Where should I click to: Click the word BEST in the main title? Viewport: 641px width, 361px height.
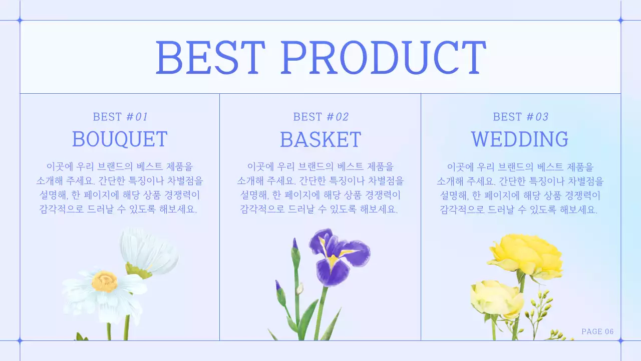click(x=210, y=57)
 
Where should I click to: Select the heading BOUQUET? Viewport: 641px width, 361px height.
click(x=120, y=139)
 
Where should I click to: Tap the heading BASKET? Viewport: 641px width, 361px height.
click(x=320, y=139)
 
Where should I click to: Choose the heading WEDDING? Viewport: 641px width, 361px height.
click(x=520, y=139)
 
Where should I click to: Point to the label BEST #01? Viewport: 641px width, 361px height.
click(x=120, y=117)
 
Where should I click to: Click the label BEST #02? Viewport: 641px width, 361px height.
click(x=320, y=117)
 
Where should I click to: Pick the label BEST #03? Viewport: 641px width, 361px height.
click(x=520, y=117)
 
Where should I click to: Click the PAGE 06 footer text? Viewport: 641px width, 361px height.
click(x=597, y=331)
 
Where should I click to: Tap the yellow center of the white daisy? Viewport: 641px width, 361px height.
click(x=105, y=281)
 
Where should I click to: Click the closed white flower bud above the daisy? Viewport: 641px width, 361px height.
click(x=150, y=252)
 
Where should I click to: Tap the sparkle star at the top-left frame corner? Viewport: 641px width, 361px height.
click(x=20, y=21)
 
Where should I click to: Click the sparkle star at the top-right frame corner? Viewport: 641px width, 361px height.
click(x=620, y=21)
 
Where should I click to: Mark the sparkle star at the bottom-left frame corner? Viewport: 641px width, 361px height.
click(x=20, y=340)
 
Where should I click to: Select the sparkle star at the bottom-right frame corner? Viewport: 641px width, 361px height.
click(x=620, y=340)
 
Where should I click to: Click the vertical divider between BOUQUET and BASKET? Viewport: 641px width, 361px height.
click(x=219, y=216)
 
